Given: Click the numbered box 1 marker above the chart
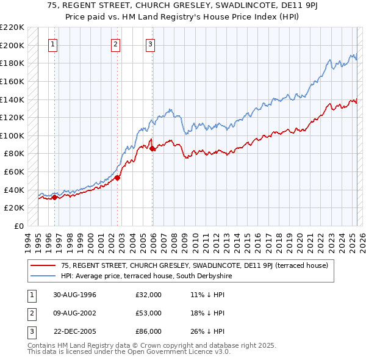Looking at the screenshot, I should point(54,44).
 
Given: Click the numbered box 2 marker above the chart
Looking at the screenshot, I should point(115,44).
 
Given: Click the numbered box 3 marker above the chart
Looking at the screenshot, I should point(150,44).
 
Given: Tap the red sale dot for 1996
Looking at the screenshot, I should point(54,197).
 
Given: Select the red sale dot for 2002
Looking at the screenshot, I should point(117,178).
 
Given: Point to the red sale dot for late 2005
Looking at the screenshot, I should point(152,148).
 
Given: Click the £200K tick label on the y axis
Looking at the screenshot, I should point(12,45).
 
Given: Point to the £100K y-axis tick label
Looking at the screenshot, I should point(12,135).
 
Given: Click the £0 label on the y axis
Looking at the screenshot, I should point(19,226).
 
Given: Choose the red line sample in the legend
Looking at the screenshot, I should point(44,265).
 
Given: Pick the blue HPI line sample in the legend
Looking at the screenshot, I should point(44,276).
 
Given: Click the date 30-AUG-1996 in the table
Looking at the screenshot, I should point(75,295).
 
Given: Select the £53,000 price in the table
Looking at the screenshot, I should point(148,313).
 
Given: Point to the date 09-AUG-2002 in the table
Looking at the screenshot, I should point(75,313).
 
